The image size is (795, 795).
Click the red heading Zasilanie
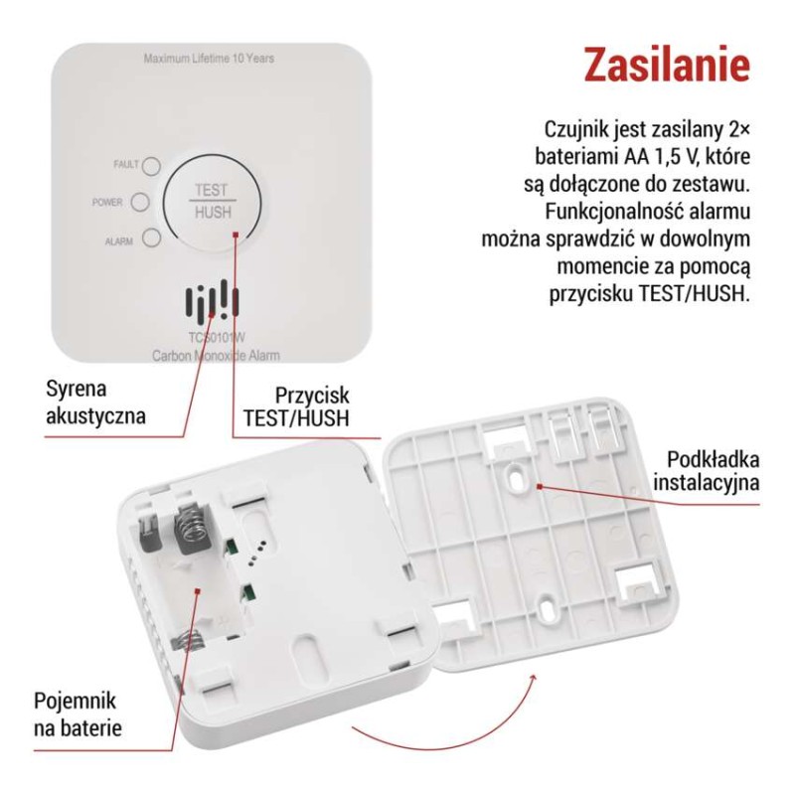coord(665,64)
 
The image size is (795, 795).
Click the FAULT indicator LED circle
coord(152,165)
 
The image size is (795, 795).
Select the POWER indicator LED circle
coord(140,202)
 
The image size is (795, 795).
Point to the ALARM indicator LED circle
coord(152,238)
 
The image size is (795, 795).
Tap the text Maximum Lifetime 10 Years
coord(209,59)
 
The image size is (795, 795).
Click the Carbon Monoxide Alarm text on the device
coord(216,355)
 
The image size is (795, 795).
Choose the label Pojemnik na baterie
coord(79,714)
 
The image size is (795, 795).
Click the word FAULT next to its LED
coord(126,164)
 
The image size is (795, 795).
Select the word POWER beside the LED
coord(107,203)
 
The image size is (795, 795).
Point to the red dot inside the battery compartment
coord(199,589)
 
